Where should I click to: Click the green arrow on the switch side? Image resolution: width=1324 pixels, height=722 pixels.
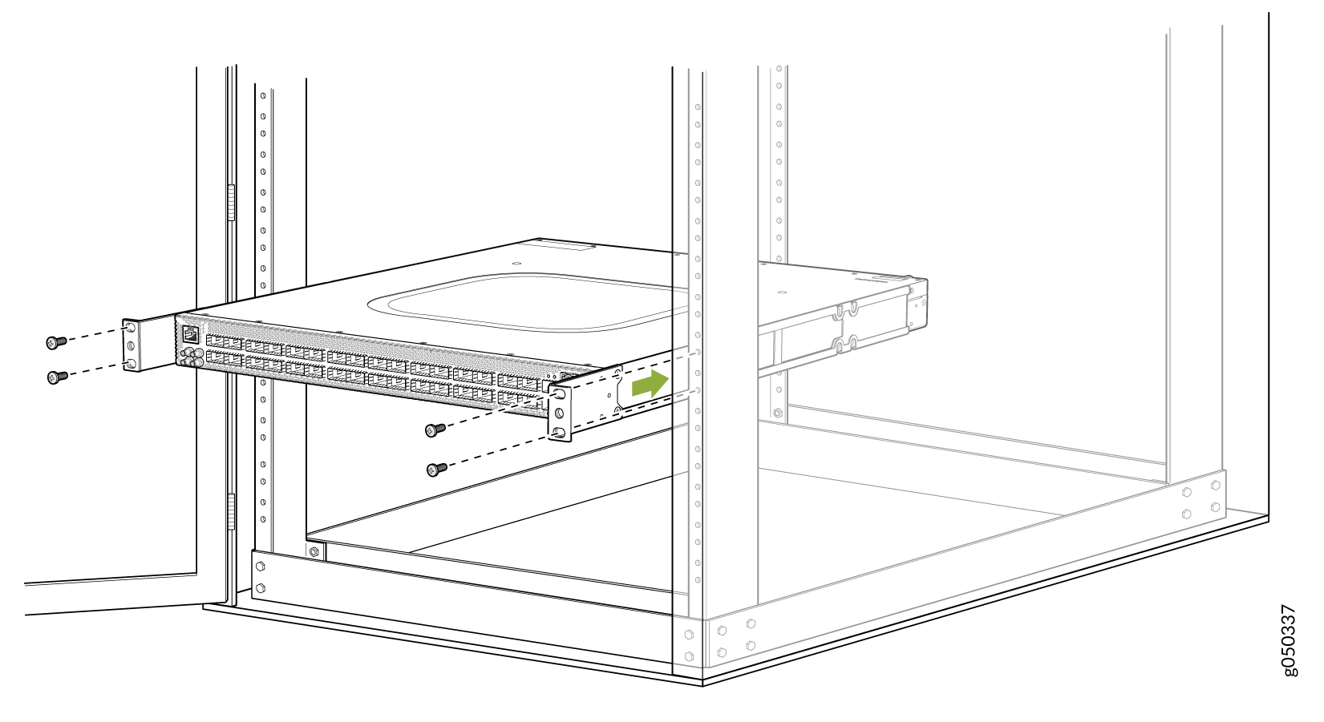(x=650, y=384)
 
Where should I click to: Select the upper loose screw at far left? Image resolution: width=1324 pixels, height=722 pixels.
(x=56, y=341)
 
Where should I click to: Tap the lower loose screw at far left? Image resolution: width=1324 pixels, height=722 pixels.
(x=57, y=377)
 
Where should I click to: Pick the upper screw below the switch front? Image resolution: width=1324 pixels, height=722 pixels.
(x=435, y=430)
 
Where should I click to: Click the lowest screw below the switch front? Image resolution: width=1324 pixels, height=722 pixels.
(x=437, y=470)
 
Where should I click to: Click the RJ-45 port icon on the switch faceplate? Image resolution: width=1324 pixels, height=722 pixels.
(x=190, y=334)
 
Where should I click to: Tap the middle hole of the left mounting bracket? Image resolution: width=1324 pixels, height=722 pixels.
(x=132, y=345)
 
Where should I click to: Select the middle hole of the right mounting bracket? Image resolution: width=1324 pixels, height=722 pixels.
(x=559, y=413)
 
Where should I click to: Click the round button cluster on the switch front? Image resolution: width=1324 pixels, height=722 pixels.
(x=192, y=357)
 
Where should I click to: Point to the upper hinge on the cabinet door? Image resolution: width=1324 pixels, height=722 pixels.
(x=231, y=203)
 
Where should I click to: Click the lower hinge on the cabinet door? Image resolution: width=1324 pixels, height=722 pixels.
(x=231, y=511)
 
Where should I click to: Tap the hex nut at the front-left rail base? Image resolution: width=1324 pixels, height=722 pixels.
(x=314, y=552)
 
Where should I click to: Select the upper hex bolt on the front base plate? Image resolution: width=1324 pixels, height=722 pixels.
(x=260, y=567)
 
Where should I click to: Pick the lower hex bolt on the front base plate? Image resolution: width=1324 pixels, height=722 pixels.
(x=260, y=588)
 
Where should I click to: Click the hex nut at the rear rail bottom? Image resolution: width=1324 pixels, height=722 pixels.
(x=778, y=413)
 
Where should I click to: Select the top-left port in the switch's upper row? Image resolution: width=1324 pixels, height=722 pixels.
(x=215, y=341)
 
